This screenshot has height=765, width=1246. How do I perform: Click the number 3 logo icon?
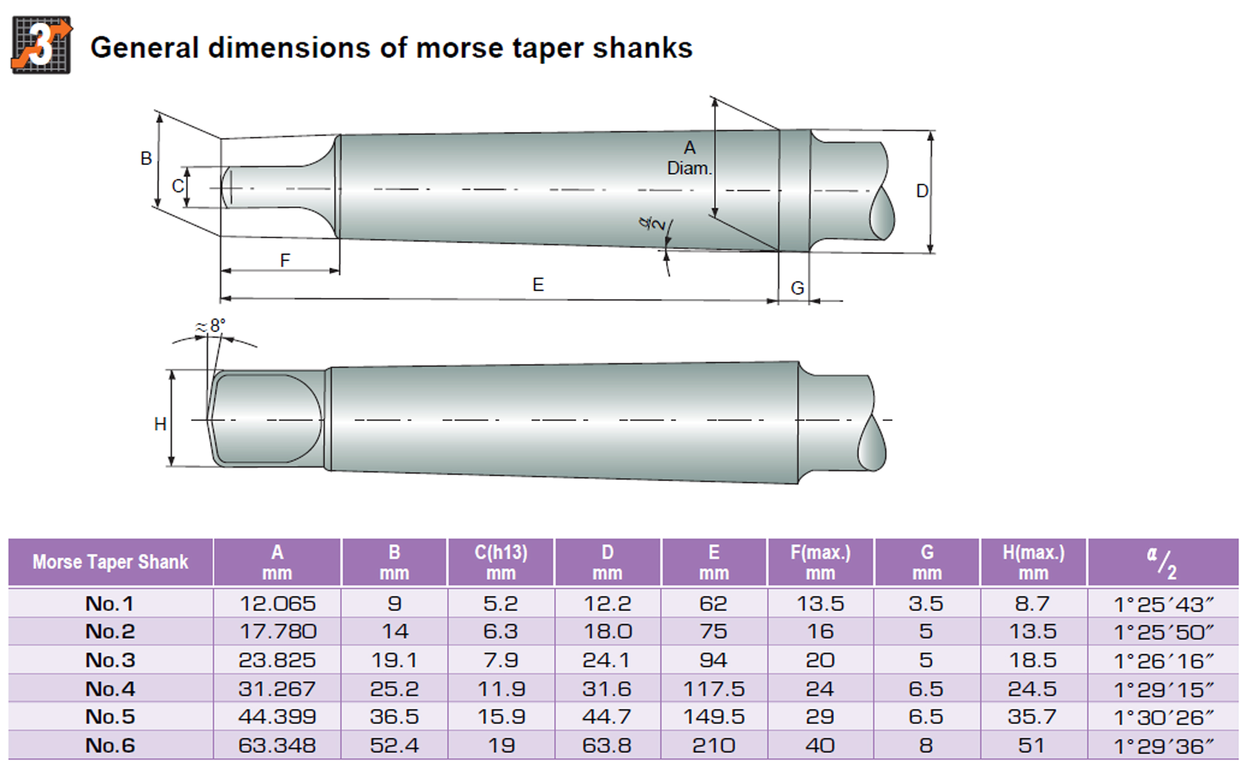tap(41, 45)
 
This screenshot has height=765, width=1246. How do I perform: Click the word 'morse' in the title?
tap(459, 48)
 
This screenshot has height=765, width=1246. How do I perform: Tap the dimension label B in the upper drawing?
tap(146, 158)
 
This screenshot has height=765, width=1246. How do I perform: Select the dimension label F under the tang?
tap(285, 260)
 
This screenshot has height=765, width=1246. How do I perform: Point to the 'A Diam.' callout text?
tap(689, 158)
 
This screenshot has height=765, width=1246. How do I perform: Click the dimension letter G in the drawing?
tap(797, 288)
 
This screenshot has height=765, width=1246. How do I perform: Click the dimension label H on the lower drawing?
tap(160, 424)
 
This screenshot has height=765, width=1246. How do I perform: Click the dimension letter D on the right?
tap(922, 191)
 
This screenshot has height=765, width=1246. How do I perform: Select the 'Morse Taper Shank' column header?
tap(110, 562)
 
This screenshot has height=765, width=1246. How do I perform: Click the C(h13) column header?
tap(500, 562)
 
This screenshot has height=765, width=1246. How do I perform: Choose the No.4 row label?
tap(110, 688)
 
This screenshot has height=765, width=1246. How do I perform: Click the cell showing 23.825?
tap(277, 660)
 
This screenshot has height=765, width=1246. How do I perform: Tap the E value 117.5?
tap(713, 688)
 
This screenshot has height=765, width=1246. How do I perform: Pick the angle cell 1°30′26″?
tap(1163, 717)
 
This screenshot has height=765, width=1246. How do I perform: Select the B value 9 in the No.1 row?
tap(394, 603)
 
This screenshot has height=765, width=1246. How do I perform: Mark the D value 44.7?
tap(607, 717)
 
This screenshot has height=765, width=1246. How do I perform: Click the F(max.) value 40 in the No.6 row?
tap(820, 745)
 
